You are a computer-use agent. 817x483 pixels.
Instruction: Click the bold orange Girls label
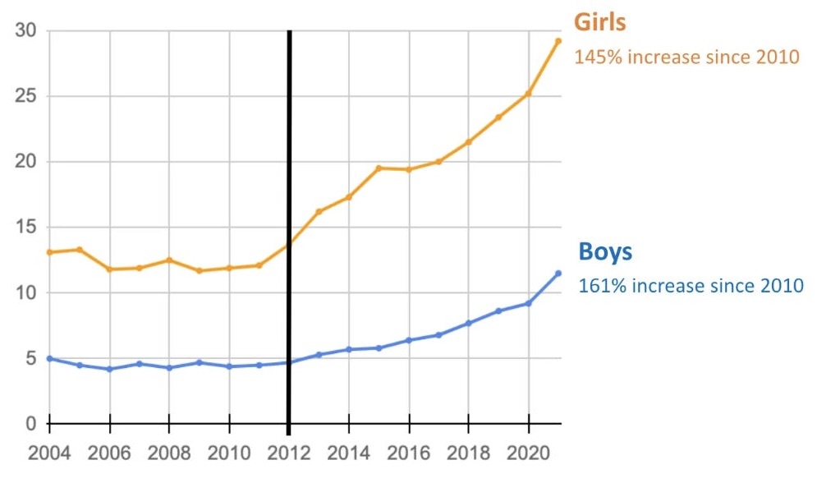pyautogui.click(x=599, y=22)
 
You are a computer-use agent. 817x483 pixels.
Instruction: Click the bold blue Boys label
pyautogui.click(x=605, y=251)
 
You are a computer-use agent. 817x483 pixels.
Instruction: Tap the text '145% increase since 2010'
pyautogui.click(x=686, y=57)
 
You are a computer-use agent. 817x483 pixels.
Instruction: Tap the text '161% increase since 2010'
pyautogui.click(x=691, y=286)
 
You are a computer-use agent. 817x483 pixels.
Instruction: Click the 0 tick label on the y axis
pyautogui.click(x=32, y=424)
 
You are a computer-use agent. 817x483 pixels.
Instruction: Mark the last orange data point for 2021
pyautogui.click(x=558, y=41)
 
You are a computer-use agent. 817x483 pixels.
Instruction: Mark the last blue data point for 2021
pyautogui.click(x=558, y=274)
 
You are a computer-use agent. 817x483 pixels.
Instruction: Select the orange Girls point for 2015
pyautogui.click(x=379, y=168)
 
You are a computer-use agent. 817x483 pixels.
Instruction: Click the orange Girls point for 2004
pyautogui.click(x=50, y=252)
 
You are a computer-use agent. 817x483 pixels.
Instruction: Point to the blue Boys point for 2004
pyautogui.click(x=50, y=358)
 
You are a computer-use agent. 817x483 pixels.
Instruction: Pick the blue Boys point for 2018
pyautogui.click(x=468, y=323)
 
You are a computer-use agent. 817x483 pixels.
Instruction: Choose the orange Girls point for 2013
pyautogui.click(x=319, y=212)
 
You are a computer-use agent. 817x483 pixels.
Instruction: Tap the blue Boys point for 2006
pyautogui.click(x=109, y=369)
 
